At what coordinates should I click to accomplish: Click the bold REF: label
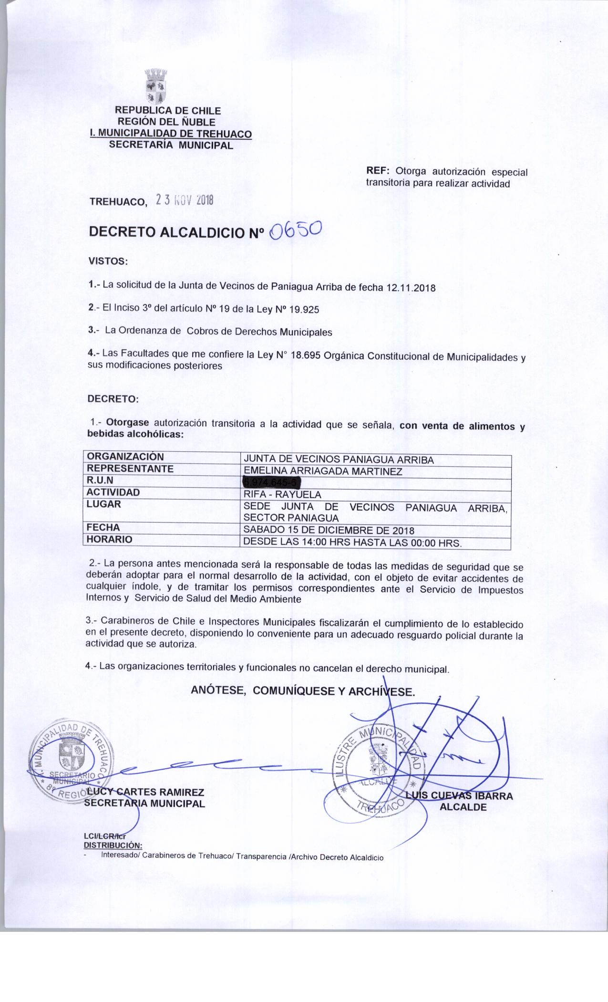[x=378, y=171]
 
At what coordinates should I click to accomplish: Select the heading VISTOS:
[x=107, y=261]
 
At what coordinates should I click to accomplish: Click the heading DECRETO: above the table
[x=113, y=399]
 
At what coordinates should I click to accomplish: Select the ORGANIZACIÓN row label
[x=125, y=457]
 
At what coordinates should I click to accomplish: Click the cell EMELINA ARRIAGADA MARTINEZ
[x=323, y=471]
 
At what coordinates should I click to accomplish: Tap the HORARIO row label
[x=109, y=540]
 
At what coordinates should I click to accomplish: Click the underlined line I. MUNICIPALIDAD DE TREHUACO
[x=167, y=135]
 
